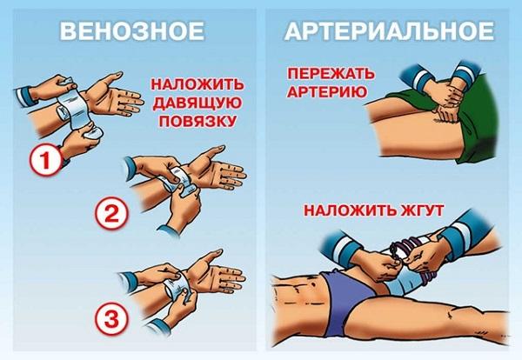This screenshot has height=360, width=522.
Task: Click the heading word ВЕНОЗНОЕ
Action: pos(131,32)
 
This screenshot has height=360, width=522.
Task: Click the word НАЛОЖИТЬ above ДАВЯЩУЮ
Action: pos(193,86)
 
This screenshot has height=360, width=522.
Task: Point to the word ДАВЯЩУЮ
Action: pos(192,103)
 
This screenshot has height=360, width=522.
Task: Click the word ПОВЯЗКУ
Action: pos(193,121)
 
